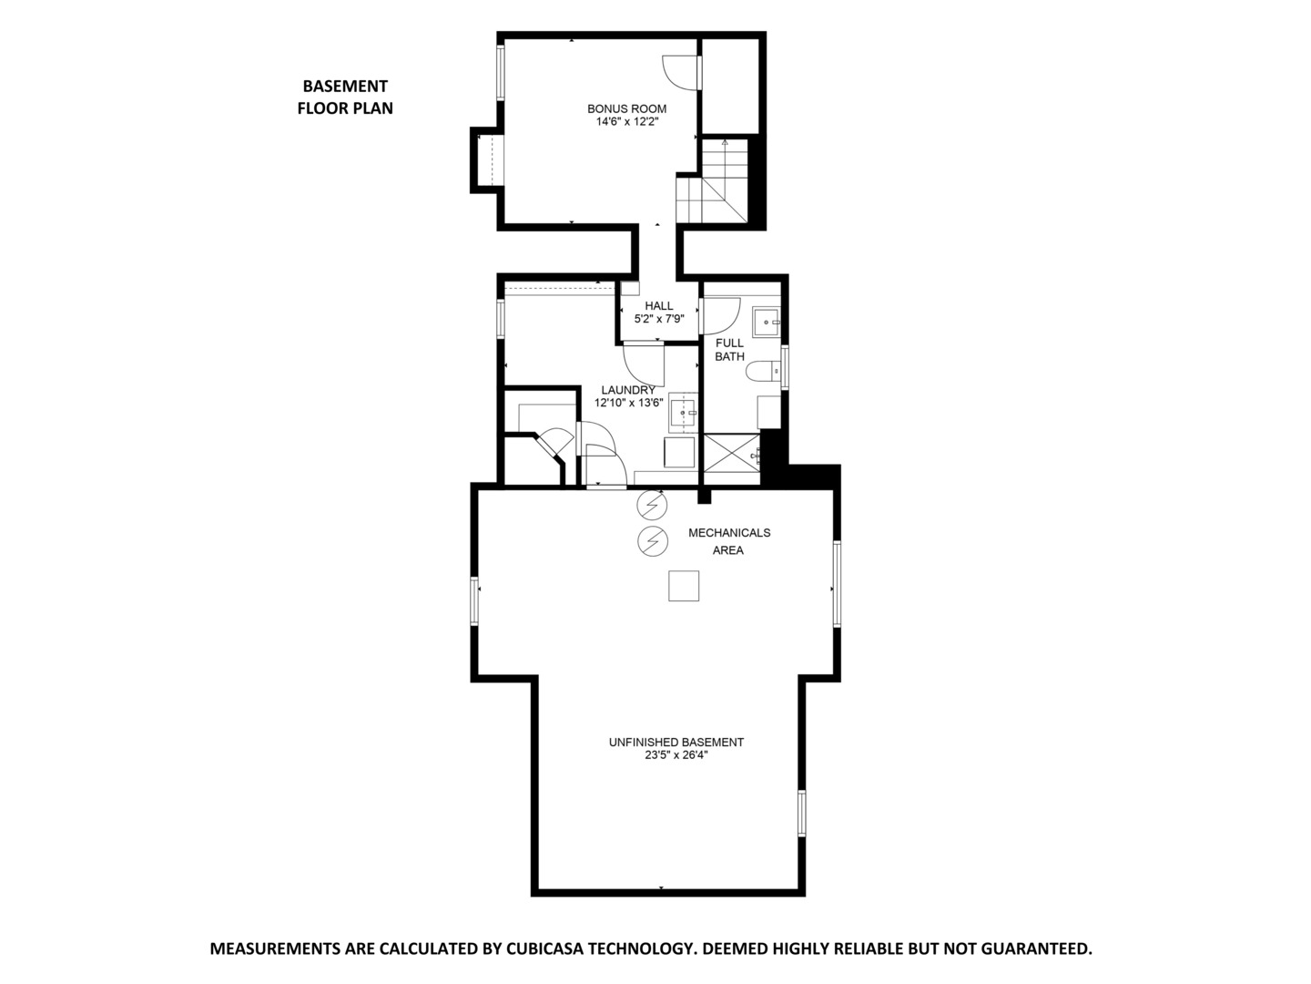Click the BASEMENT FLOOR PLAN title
(345, 97)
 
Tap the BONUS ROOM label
(626, 109)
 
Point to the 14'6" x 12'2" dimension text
(626, 121)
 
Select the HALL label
(658, 306)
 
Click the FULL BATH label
(729, 350)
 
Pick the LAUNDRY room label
(628, 390)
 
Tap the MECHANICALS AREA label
(728, 541)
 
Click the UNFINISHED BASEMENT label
(676, 743)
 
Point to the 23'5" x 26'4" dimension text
(676, 754)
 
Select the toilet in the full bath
(763, 371)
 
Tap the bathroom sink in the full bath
(767, 322)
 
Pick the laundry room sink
(683, 413)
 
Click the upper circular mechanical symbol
(652, 503)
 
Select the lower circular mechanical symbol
(652, 540)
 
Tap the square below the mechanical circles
(684, 586)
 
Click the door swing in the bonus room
(680, 72)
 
